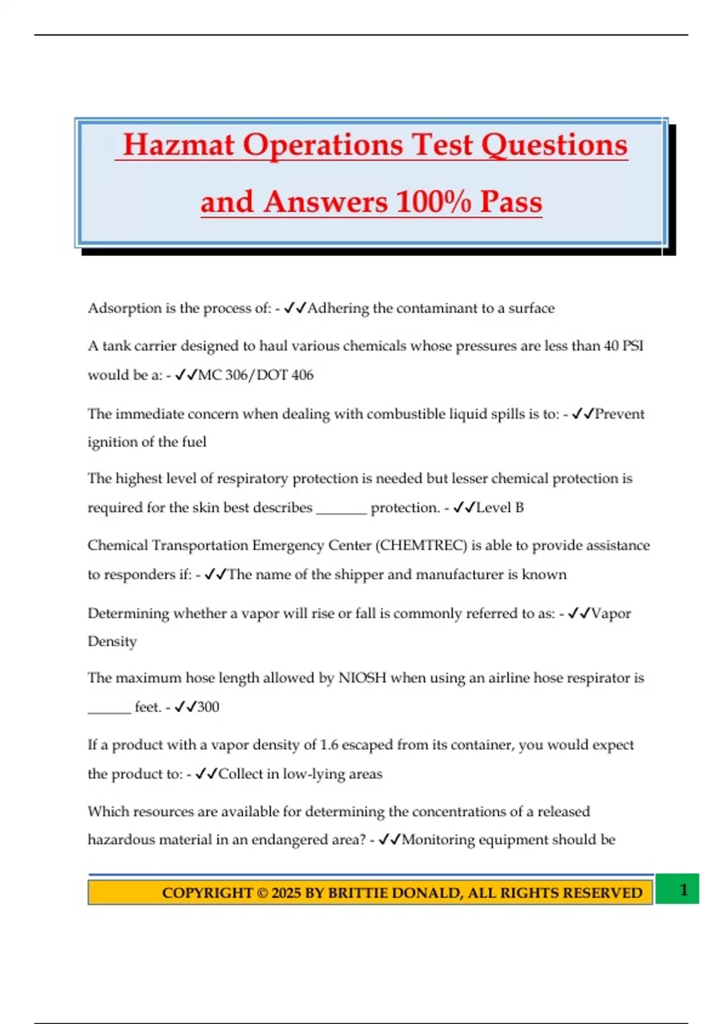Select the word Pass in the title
click(x=511, y=201)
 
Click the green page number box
click(x=677, y=889)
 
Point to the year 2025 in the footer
click(x=286, y=893)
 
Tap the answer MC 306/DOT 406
click(x=256, y=375)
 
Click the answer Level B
click(x=500, y=508)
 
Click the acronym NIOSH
click(x=362, y=678)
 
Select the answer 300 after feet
click(x=208, y=707)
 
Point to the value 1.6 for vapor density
click(x=329, y=745)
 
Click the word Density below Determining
click(x=112, y=642)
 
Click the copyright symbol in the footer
click(x=262, y=893)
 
